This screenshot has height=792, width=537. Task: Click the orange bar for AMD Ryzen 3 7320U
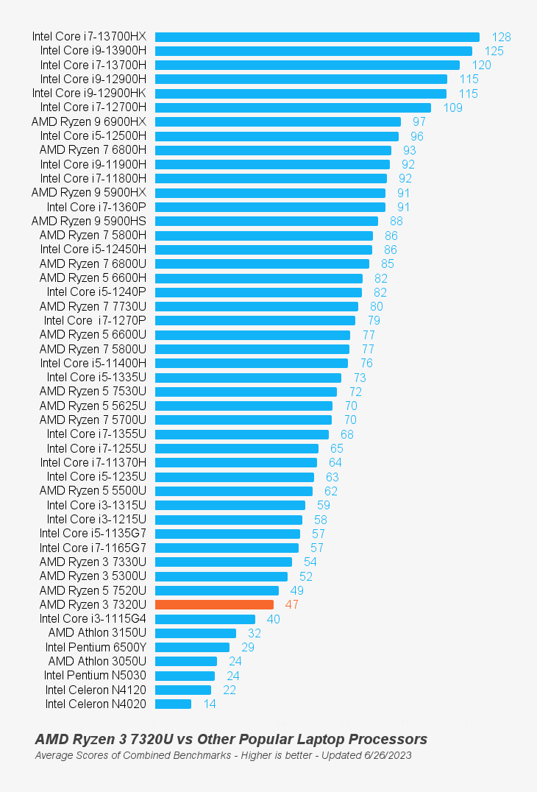click(x=214, y=604)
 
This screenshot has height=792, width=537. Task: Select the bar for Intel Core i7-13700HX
click(x=317, y=37)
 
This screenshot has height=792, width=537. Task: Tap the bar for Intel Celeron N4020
click(x=173, y=704)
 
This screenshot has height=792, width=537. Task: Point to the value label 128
click(x=501, y=37)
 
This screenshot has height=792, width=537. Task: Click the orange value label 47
click(x=291, y=604)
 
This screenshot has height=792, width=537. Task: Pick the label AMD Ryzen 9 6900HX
click(x=89, y=121)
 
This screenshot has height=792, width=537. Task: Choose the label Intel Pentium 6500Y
click(x=96, y=647)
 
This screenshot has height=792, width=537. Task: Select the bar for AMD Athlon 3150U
click(x=196, y=633)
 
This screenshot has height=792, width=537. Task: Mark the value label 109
click(x=453, y=107)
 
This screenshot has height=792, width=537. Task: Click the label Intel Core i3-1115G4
click(x=93, y=619)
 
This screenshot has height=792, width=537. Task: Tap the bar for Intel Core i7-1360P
click(x=270, y=207)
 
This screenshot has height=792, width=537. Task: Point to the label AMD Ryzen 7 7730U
click(x=93, y=306)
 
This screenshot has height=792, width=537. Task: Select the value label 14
click(x=210, y=704)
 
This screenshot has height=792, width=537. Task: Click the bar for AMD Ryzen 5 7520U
click(x=217, y=590)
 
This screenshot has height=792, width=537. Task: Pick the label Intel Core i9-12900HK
click(x=89, y=93)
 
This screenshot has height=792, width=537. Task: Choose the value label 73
click(x=360, y=378)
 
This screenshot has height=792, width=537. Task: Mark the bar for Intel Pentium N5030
click(x=185, y=676)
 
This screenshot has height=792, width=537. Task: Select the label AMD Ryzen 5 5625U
click(x=93, y=406)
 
